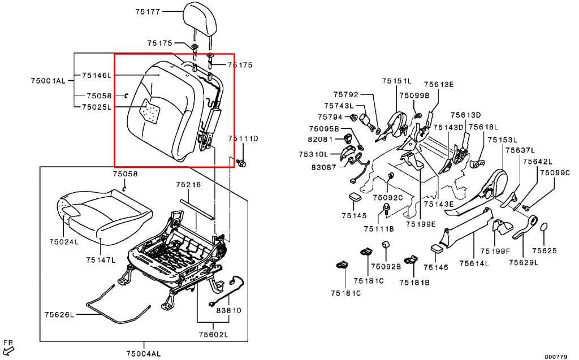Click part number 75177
tap(148, 11)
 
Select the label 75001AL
tap(48, 80)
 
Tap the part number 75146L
tap(96, 75)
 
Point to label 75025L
tap(96, 107)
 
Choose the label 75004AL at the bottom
tap(144, 354)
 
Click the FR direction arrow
tap(8, 349)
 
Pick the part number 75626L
tap(59, 315)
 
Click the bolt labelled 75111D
tap(242, 163)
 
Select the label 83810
tap(228, 310)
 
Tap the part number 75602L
tap(213, 335)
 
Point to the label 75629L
tap(524, 263)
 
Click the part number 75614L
tap(474, 263)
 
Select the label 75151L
tap(396, 81)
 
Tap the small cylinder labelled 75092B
tap(386, 245)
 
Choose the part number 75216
tap(188, 184)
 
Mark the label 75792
tap(345, 95)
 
